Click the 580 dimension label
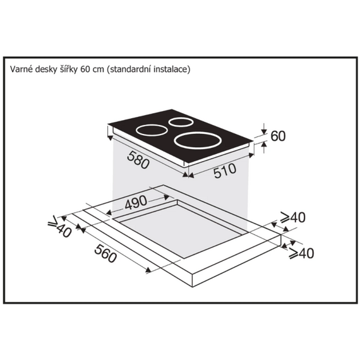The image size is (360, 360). [x=138, y=160]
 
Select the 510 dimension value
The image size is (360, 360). [x=225, y=171]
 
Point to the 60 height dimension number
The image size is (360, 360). [x=278, y=136]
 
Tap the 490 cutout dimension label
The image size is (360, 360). [x=136, y=203]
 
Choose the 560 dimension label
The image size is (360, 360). [x=105, y=253]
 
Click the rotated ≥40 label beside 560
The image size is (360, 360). [x=59, y=227]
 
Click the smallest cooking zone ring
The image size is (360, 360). [x=181, y=122]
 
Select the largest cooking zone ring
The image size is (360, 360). [x=198, y=141]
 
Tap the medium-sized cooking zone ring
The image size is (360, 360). [x=152, y=130]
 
